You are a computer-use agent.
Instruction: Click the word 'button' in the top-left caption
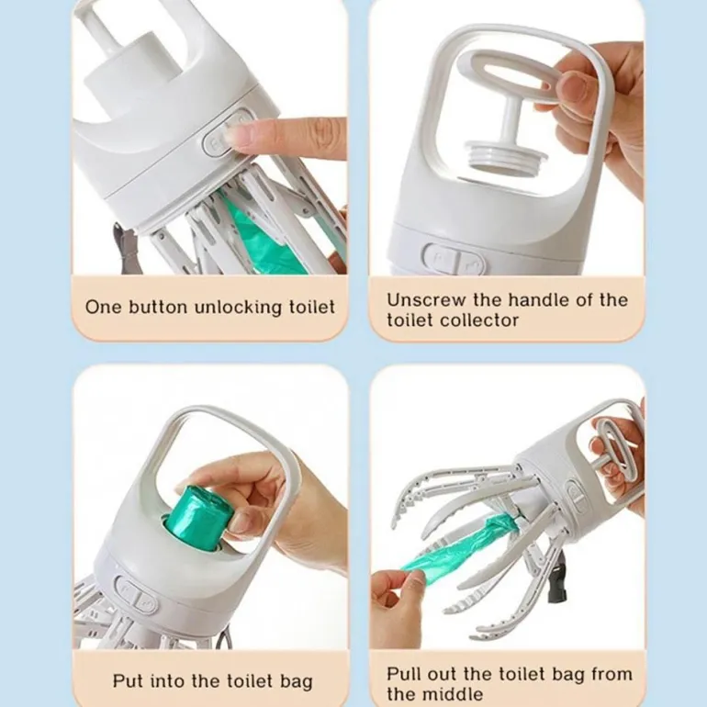click(158, 307)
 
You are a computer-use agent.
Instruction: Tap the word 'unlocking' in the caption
click(238, 308)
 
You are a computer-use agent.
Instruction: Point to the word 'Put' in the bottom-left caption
click(128, 680)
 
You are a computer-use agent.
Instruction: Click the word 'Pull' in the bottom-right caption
click(403, 674)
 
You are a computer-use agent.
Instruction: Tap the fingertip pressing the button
click(235, 134)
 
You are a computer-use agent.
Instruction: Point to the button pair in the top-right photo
click(454, 260)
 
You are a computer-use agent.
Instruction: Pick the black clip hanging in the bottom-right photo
click(556, 586)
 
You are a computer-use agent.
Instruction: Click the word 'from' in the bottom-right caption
click(612, 674)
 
